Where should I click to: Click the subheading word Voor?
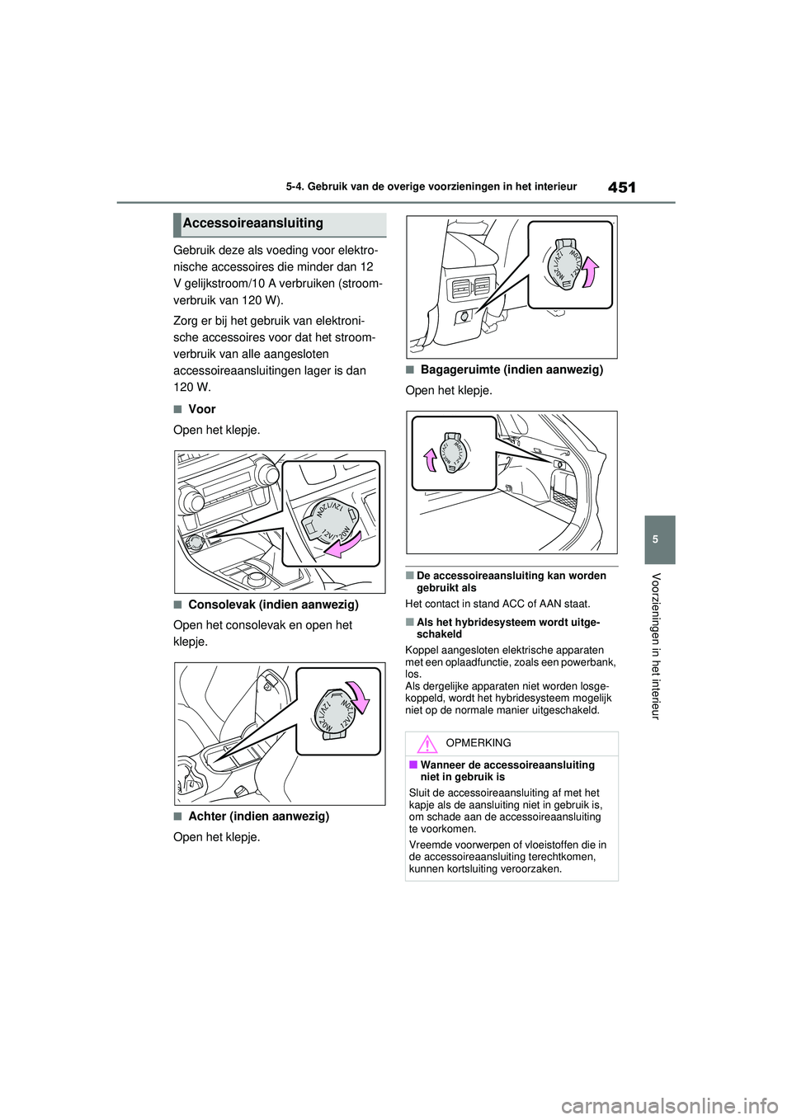202,409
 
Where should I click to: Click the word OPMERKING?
478,743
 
